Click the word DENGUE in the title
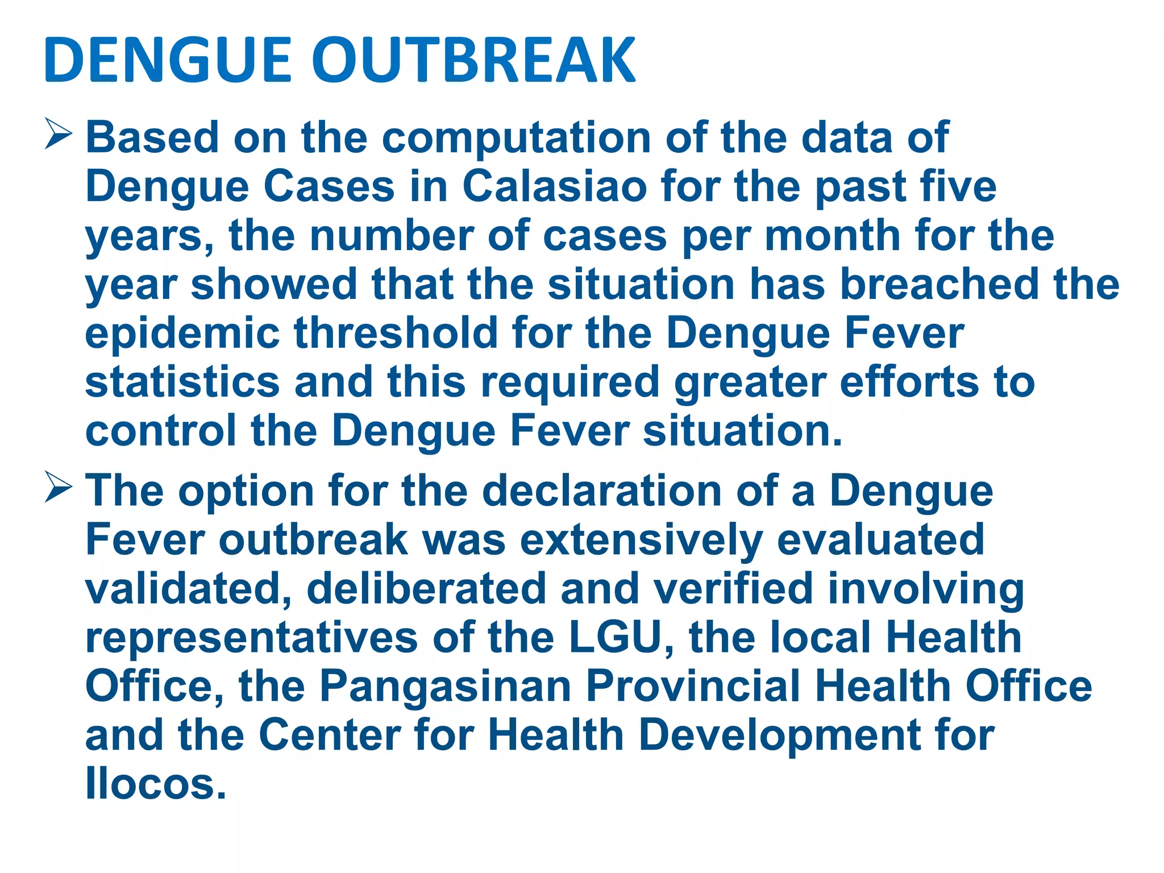point(168,60)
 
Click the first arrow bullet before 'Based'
point(58,136)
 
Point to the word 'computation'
point(516,138)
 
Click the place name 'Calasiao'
point(555,186)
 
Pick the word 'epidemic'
point(182,334)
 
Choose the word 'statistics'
point(182,382)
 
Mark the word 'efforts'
point(909,382)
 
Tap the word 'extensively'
point(641,540)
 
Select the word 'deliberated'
point(426,589)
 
